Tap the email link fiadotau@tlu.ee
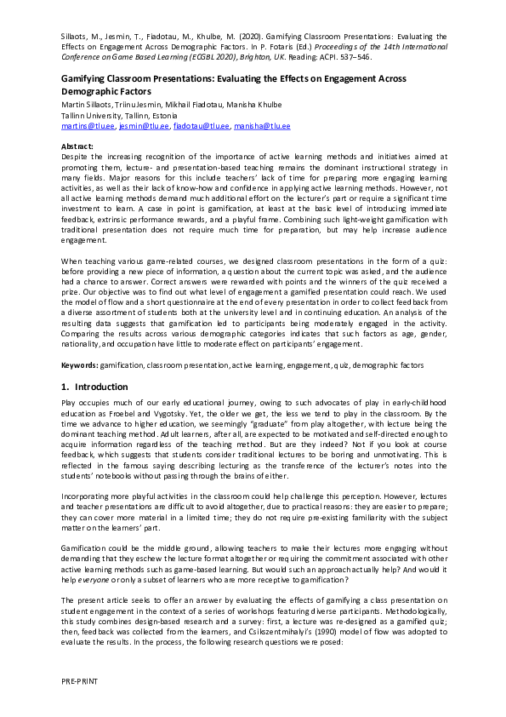pos(202,126)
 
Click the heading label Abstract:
pos(78,146)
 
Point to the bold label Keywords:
pos(84,365)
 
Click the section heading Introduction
pos(101,387)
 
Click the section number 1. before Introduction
pos(65,387)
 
